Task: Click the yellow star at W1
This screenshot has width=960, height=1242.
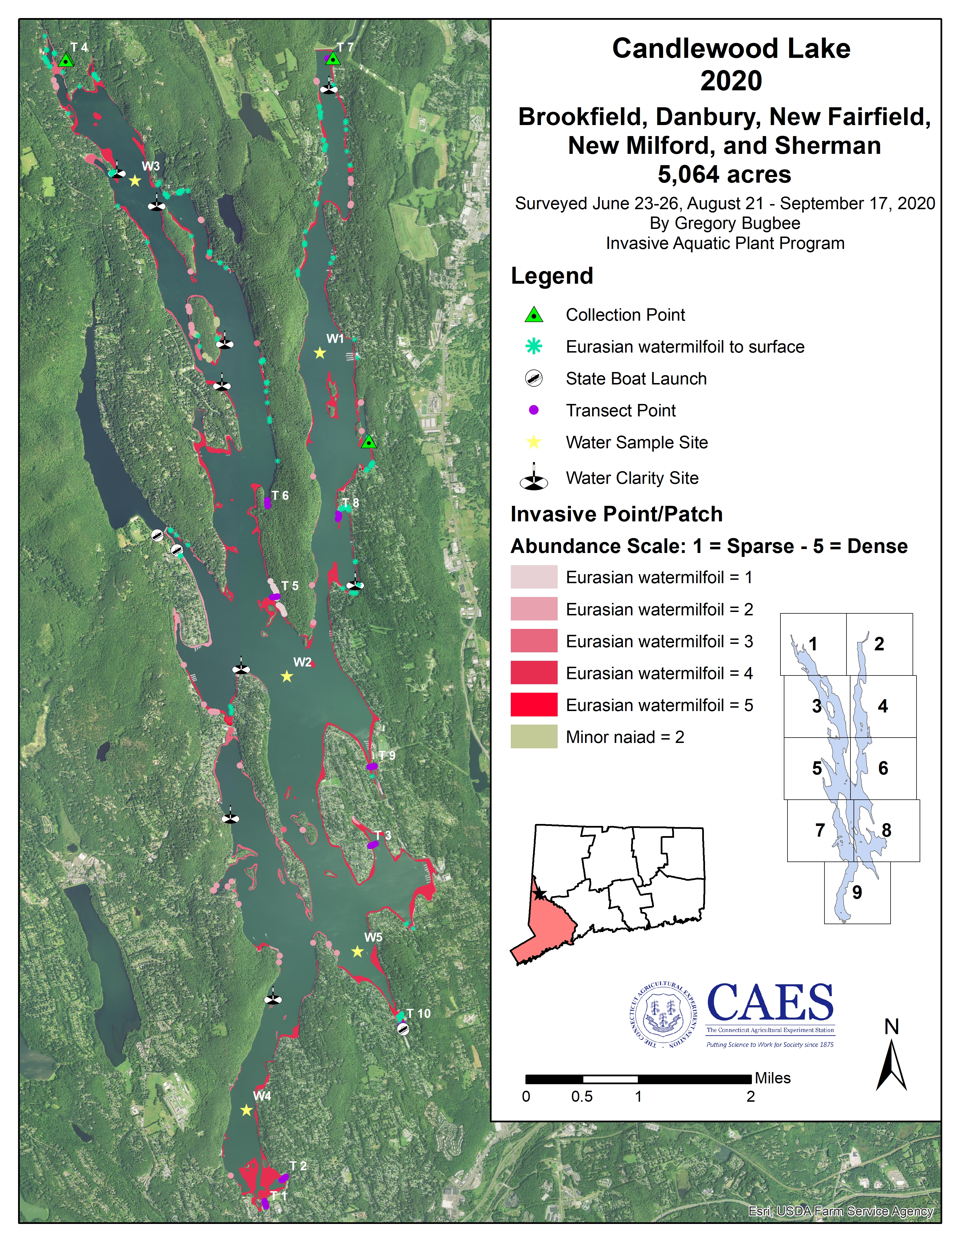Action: [320, 353]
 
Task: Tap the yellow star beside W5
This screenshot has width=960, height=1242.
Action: [357, 952]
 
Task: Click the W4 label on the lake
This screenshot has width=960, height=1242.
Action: [262, 1095]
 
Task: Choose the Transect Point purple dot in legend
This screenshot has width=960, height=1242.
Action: [533, 410]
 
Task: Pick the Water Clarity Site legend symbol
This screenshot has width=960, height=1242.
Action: [533, 478]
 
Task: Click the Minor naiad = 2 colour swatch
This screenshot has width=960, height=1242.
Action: [533, 737]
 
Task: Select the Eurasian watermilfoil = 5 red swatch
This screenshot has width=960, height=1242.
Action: [533, 705]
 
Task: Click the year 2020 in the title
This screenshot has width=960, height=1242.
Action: [731, 81]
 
